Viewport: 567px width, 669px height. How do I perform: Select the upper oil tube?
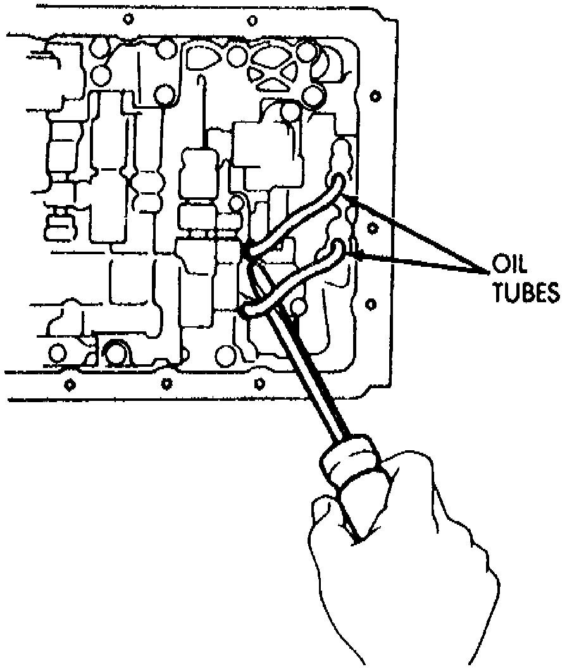click(x=297, y=215)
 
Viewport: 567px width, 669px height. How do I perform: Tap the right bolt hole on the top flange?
click(x=252, y=20)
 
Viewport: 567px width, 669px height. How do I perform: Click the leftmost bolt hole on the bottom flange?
click(x=70, y=384)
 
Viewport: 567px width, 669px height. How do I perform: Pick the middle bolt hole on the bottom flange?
click(x=166, y=383)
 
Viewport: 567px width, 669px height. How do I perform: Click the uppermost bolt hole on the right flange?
click(x=375, y=96)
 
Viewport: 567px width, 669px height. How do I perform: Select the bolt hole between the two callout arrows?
click(x=373, y=226)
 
